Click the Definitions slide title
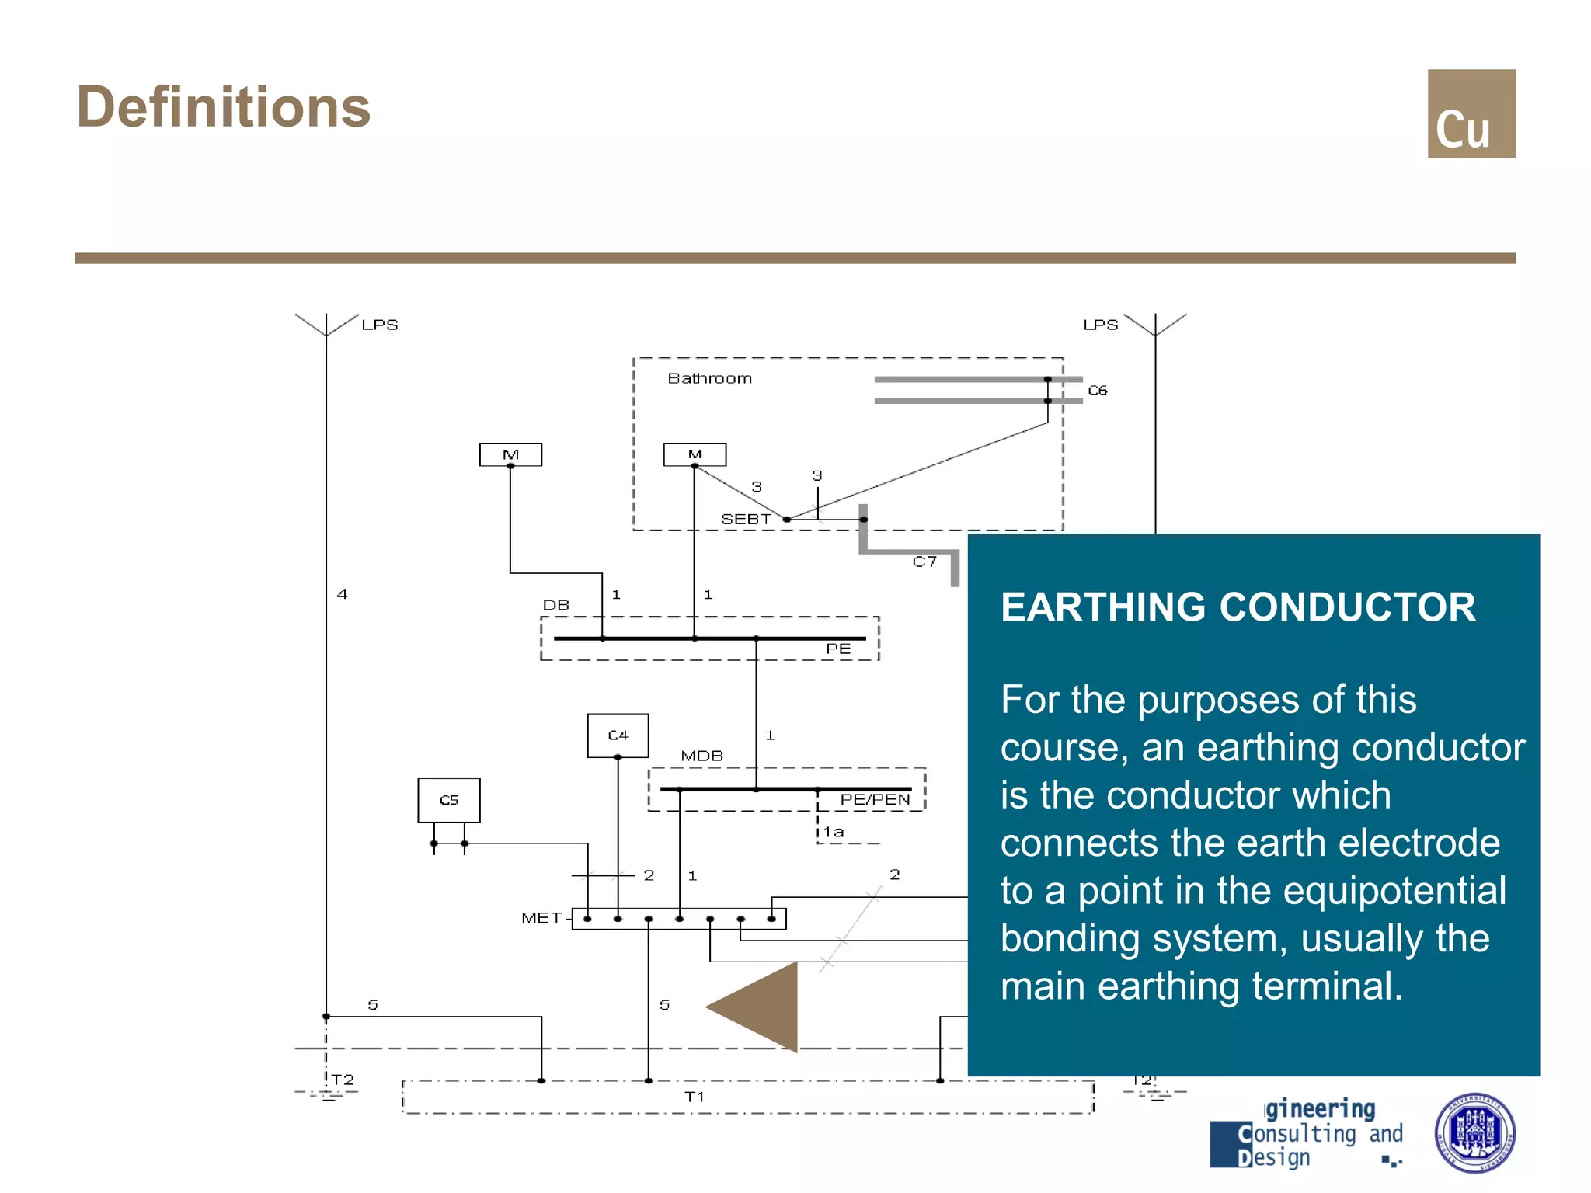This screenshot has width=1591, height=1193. pyautogui.click(x=224, y=107)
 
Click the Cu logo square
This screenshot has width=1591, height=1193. pyautogui.click(x=1471, y=113)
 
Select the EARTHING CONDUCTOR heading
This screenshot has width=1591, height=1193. pyautogui.click(x=1238, y=607)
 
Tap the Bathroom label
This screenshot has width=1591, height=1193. pyautogui.click(x=709, y=378)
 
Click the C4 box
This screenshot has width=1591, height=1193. pyautogui.click(x=618, y=735)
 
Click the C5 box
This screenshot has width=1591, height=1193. pyautogui.click(x=449, y=800)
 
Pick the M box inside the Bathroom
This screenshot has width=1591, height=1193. pyautogui.click(x=695, y=454)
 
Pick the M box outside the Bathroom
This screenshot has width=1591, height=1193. pyautogui.click(x=510, y=454)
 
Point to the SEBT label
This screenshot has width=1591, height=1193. pyautogui.click(x=745, y=519)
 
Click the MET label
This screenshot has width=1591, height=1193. pyautogui.click(x=541, y=918)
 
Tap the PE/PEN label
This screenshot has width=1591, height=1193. pyautogui.click(x=875, y=799)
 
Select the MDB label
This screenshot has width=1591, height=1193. pyautogui.click(x=702, y=756)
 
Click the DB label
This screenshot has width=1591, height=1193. pyautogui.click(x=555, y=605)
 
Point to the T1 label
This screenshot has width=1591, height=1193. pyautogui.click(x=694, y=1097)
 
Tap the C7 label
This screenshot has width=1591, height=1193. pyautogui.click(x=924, y=562)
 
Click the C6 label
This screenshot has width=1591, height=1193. pyautogui.click(x=1097, y=390)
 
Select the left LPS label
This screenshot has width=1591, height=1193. pyautogui.click(x=379, y=325)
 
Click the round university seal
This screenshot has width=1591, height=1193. pyautogui.click(x=1474, y=1132)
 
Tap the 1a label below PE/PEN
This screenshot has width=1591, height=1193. pyautogui.click(x=834, y=832)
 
